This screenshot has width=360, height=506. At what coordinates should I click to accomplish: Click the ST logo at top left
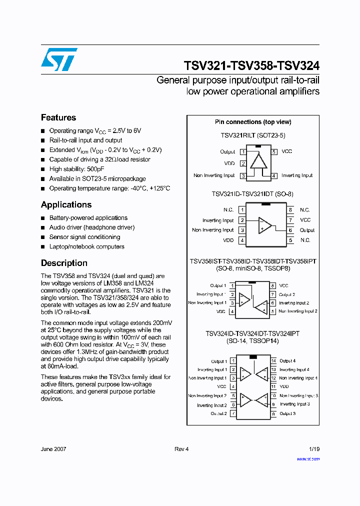59,59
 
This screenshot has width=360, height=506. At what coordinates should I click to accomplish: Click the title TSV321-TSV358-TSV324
251,66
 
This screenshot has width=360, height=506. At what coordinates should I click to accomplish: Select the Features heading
58,117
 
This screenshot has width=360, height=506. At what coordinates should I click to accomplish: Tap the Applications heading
66,204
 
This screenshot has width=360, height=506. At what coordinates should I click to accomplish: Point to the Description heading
64,263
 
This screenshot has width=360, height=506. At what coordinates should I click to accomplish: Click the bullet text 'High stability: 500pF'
76,169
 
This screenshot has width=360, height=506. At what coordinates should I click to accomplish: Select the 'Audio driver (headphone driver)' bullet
91,227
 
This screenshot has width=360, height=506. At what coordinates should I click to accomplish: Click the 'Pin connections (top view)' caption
253,122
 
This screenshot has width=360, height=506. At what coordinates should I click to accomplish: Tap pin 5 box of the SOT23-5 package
274,151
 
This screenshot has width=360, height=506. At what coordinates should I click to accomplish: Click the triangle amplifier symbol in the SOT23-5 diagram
258,161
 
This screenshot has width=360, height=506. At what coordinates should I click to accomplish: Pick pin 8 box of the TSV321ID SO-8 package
290,210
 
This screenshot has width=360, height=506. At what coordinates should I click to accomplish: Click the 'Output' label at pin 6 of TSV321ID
307,230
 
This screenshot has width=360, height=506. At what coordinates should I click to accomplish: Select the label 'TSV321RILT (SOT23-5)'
253,135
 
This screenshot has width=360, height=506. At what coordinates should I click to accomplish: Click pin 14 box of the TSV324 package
273,361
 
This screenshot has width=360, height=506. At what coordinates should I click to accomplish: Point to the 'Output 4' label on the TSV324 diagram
287,361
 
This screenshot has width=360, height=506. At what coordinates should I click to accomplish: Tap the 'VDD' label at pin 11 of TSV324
284,386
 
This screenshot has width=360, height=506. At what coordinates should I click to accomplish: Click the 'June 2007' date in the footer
53,449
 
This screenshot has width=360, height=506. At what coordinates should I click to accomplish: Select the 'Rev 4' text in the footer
181,449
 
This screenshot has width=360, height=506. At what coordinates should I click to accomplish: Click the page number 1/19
313,449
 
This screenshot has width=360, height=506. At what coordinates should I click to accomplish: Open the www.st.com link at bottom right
308,458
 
